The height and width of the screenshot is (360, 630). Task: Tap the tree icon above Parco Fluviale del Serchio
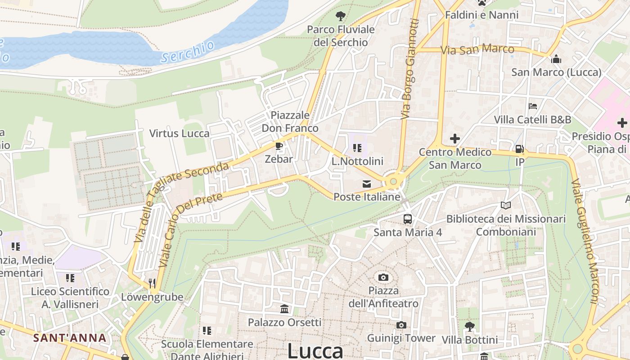[x=341, y=16]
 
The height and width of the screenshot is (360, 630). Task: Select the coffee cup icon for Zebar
[x=279, y=146]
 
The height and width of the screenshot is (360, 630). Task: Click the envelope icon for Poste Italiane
[x=367, y=184]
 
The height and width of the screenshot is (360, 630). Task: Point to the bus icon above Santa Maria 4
[x=408, y=219]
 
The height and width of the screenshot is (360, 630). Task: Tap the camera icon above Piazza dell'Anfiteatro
[x=383, y=277]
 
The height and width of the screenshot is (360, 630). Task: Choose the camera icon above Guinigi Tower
[x=401, y=325]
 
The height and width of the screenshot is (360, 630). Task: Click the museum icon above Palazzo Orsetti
[x=284, y=309]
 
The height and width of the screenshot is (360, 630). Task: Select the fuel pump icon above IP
[x=519, y=148]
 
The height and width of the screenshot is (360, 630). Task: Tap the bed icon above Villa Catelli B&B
[x=533, y=106]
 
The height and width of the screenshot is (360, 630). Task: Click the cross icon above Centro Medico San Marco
[x=455, y=138]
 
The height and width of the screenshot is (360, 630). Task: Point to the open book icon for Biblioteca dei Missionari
[x=506, y=205]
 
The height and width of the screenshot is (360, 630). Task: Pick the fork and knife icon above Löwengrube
[x=152, y=283]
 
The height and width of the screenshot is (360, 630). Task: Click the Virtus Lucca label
[x=179, y=134]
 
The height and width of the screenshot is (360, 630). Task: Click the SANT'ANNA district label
[x=70, y=338]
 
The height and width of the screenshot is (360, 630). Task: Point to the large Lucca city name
[x=315, y=351]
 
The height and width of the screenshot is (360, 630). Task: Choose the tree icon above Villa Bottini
[x=470, y=326]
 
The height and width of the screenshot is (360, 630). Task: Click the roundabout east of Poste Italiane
[x=393, y=181]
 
